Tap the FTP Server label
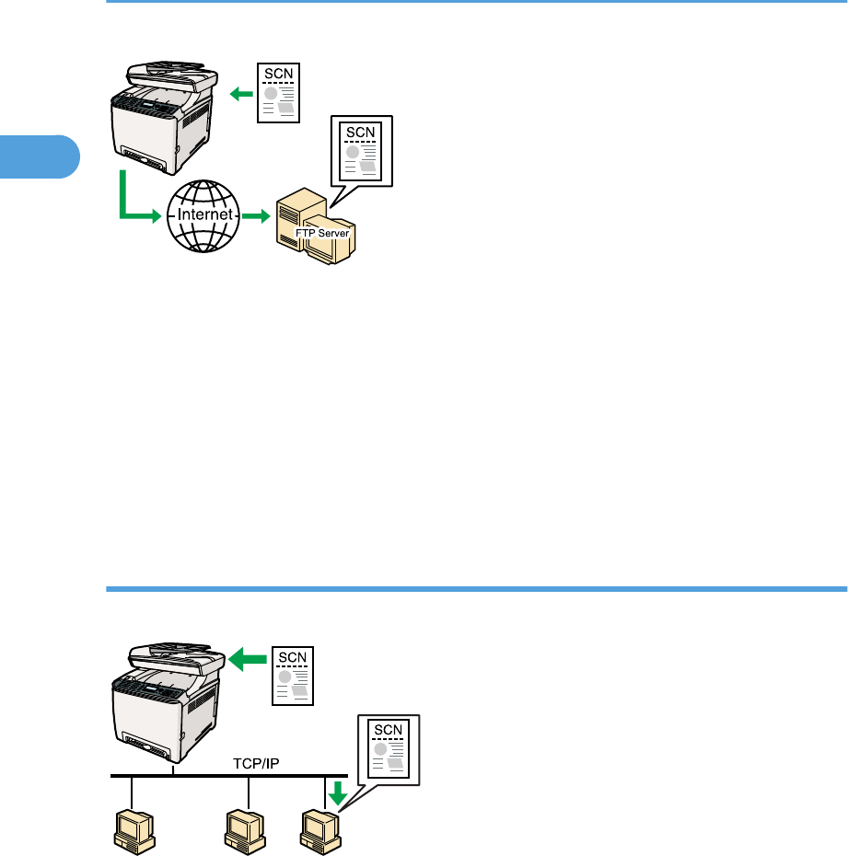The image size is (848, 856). coord(322,234)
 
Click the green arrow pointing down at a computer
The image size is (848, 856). coord(337,792)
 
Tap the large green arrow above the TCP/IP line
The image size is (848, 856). coord(247,658)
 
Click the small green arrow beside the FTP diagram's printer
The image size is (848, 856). coord(242,92)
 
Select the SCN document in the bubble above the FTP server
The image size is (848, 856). coord(360,153)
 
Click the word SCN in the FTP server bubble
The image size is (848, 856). coord(360,132)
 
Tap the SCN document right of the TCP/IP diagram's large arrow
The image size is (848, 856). coord(295,674)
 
